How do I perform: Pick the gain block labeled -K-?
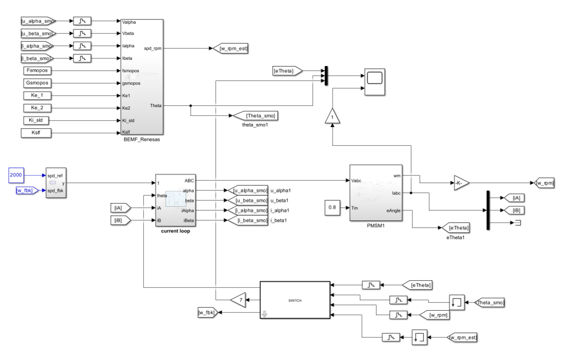click(x=458, y=183)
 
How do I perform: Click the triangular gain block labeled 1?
click(x=333, y=116)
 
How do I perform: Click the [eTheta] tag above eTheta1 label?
click(x=456, y=228)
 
